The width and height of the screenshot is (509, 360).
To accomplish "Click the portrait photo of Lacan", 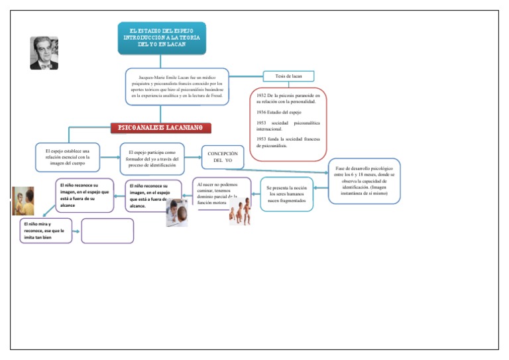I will [x=44, y=53].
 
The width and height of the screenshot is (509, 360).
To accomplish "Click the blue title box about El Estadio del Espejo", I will [x=162, y=38].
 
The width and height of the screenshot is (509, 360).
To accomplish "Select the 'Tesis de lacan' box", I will [x=288, y=76].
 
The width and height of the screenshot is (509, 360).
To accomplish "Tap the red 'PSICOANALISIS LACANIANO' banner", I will [x=160, y=127].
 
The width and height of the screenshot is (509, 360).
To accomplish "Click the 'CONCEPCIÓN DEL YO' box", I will [x=223, y=157].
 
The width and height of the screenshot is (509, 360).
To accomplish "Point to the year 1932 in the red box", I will [x=260, y=96].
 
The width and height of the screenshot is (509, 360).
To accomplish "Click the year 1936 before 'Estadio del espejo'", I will [x=260, y=113].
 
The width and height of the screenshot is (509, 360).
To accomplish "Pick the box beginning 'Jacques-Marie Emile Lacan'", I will [x=177, y=86].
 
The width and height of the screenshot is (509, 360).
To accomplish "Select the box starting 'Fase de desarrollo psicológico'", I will [x=364, y=180].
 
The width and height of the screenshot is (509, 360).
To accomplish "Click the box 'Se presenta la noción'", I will [x=286, y=194].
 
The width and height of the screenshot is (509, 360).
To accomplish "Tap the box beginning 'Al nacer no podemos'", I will [x=221, y=193].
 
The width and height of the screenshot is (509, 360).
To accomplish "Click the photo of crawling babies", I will [x=240, y=211].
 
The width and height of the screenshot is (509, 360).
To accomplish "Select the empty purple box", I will [x=107, y=231].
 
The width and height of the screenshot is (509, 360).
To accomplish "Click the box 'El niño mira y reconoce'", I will [x=45, y=231].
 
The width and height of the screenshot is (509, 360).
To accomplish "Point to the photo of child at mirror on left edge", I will [x=23, y=201].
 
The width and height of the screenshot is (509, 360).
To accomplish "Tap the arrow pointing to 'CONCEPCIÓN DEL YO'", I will [x=193, y=158].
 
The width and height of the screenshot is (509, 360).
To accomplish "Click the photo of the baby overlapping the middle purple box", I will [x=176, y=213].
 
